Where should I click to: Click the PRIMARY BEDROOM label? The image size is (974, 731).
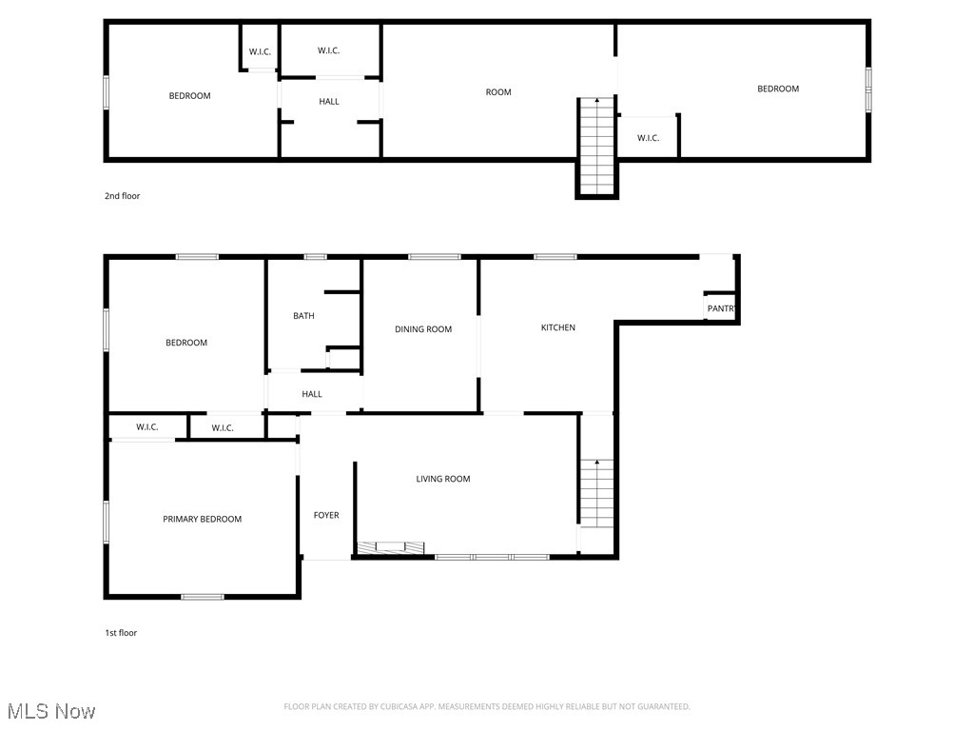pos(202,519)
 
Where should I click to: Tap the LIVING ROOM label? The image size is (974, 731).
pos(443,479)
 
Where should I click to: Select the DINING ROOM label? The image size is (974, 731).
pos(423,329)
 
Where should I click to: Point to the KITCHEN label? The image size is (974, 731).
pos(557,327)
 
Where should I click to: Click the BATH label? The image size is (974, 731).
pos(303,316)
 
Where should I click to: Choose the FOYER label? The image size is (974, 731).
pos(326,515)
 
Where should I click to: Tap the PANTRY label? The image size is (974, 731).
pos(721,308)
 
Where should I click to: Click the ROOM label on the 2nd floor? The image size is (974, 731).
pos(498,92)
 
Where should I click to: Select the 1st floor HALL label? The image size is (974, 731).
pos(312,394)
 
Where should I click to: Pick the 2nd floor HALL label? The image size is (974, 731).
pos(329,101)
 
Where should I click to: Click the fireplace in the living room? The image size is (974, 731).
pos(391,547)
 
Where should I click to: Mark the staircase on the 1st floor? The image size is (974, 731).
pos(597,494)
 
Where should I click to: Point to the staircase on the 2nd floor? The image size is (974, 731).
pos(597,147)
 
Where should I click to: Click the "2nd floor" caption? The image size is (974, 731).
pos(123,196)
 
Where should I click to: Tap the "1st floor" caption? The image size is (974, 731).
pos(121,633)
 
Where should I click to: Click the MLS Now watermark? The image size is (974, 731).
pos(51,711)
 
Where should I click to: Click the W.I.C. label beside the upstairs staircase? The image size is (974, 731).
pos(648,138)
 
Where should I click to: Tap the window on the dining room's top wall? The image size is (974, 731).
pos(434,257)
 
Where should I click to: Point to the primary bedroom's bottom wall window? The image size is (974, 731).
pos(203,597)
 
